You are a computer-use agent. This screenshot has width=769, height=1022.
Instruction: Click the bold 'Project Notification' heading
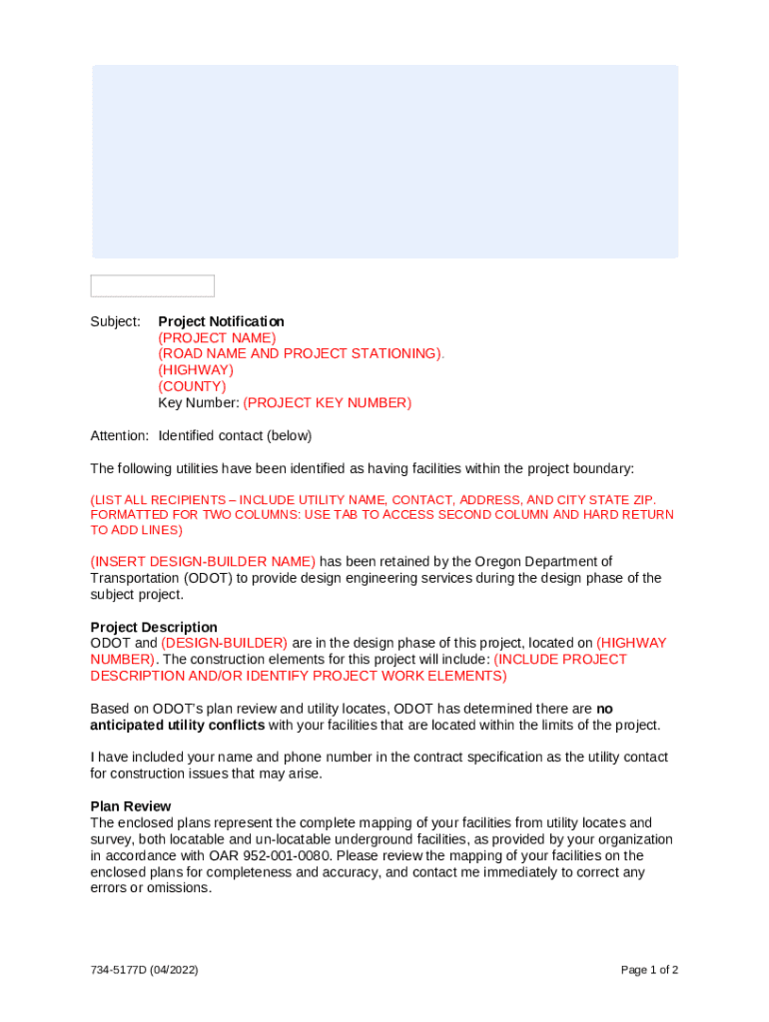click(x=221, y=321)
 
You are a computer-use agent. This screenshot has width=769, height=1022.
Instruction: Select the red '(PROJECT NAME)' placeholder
click(x=217, y=337)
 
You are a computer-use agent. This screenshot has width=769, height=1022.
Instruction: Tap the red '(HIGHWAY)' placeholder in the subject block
click(x=196, y=370)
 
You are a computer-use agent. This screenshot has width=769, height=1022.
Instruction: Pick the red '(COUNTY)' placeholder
click(x=192, y=386)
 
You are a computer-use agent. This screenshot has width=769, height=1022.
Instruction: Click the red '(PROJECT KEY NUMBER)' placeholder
click(x=327, y=402)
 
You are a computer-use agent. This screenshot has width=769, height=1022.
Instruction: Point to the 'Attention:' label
click(x=120, y=435)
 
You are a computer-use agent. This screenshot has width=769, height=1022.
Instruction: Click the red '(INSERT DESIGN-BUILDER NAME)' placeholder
click(x=203, y=561)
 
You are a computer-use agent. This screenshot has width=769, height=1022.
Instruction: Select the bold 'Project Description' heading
click(x=154, y=628)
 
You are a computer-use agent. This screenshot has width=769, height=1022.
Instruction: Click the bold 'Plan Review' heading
click(x=131, y=805)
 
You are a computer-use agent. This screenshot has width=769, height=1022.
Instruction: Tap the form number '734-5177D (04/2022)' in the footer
click(x=144, y=969)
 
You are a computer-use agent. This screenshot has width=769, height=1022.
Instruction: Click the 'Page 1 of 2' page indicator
click(x=649, y=969)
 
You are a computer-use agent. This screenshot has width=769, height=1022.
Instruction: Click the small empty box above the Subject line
click(x=152, y=285)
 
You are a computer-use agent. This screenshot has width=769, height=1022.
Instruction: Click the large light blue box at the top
click(x=384, y=162)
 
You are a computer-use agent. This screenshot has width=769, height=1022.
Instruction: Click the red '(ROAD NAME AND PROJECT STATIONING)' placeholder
click(x=301, y=353)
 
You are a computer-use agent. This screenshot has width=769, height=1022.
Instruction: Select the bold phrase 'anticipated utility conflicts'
click(x=178, y=725)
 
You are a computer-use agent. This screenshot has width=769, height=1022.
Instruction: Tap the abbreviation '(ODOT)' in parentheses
click(x=211, y=578)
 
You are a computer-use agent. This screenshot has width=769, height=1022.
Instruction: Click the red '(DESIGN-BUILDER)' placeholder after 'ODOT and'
click(x=224, y=643)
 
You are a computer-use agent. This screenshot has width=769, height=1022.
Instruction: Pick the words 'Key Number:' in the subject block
click(x=198, y=402)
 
